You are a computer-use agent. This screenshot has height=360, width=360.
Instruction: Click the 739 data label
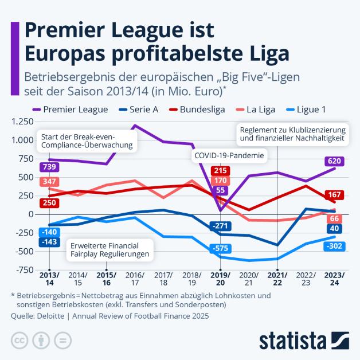point(49,166)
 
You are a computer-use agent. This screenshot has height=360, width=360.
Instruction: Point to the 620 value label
point(335,161)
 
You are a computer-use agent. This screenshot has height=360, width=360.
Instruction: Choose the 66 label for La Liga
point(335,218)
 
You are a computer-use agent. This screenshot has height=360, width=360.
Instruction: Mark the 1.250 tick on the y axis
point(21,122)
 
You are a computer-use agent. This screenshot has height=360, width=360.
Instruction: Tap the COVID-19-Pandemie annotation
point(229,155)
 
